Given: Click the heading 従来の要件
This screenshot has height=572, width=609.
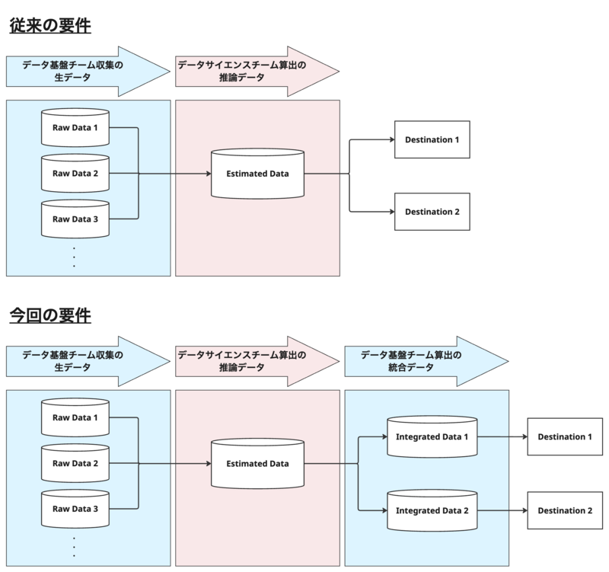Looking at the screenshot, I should click(50, 26).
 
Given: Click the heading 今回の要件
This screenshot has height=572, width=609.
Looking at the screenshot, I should click(50, 315).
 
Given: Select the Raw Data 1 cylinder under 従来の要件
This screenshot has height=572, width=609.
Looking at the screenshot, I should click(75, 128).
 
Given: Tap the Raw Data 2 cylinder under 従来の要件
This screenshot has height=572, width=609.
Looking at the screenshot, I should click(75, 173).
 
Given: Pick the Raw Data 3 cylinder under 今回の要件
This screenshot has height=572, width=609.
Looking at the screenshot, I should click(75, 508).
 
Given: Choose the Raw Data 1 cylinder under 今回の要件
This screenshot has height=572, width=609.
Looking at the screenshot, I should click(75, 417).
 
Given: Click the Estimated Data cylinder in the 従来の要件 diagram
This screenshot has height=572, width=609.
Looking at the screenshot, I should click(257, 174).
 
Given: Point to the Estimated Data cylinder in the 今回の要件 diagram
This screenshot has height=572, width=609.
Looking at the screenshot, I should click(257, 463).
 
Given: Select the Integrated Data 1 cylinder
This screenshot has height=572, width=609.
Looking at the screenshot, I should click(432, 437).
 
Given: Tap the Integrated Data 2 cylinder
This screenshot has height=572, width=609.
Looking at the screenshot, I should click(432, 509).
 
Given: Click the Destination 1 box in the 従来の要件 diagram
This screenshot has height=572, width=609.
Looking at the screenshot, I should click(432, 139).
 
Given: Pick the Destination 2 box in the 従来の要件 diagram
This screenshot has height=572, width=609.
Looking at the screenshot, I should click(432, 211).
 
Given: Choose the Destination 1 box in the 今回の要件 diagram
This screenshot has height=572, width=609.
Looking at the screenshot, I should click(564, 436).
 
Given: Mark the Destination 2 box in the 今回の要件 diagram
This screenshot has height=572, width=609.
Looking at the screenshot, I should click(564, 510).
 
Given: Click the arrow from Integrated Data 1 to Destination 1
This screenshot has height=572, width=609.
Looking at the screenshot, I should click(502, 437).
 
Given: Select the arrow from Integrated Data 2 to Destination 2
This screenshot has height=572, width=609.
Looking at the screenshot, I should click(502, 510).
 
